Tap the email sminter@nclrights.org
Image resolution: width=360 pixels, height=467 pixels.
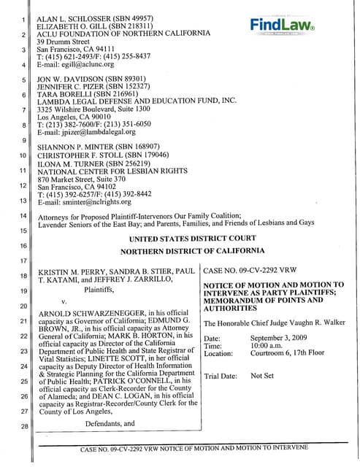pyautogui.click(x=92, y=202)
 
